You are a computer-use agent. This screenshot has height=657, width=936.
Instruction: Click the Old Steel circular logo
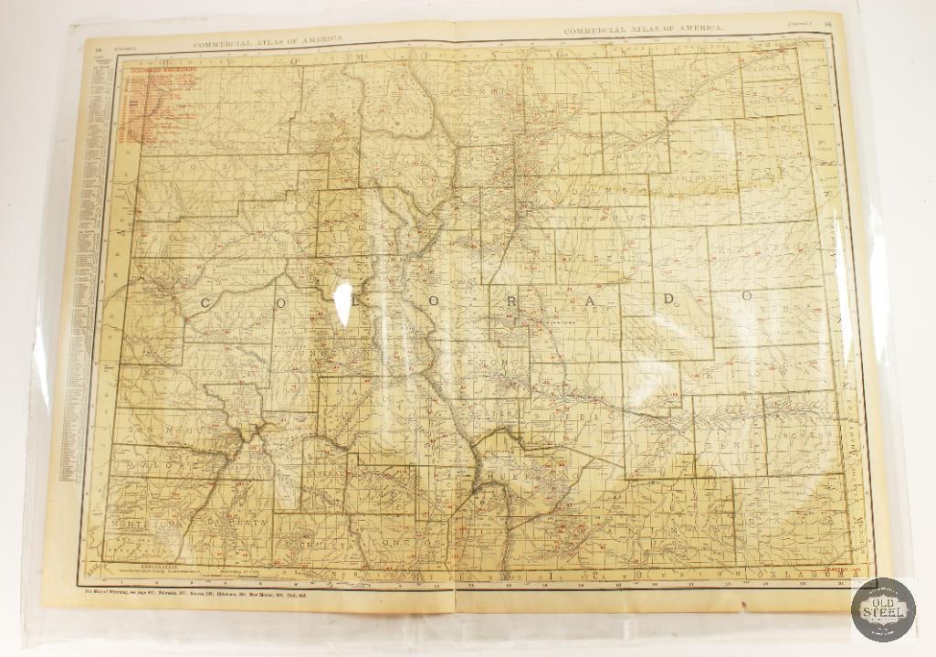[x=882, y=609]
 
